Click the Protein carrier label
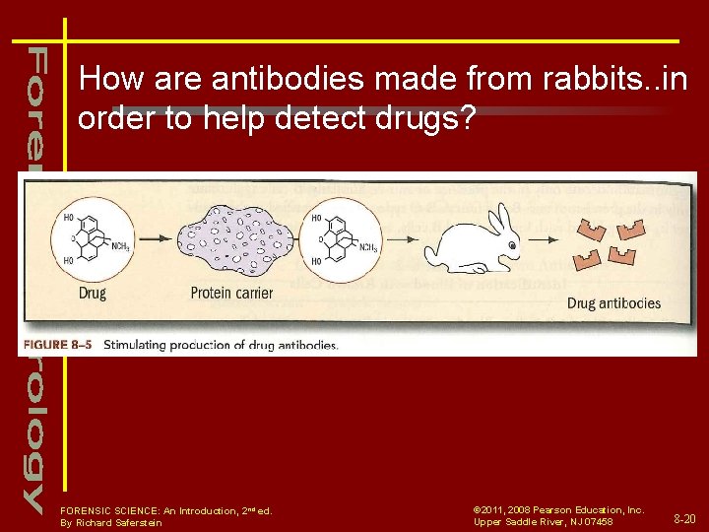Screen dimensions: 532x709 231,293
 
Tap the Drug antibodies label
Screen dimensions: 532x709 613,303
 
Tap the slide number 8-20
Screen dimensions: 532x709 685,517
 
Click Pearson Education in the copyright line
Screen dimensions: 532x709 582,509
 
